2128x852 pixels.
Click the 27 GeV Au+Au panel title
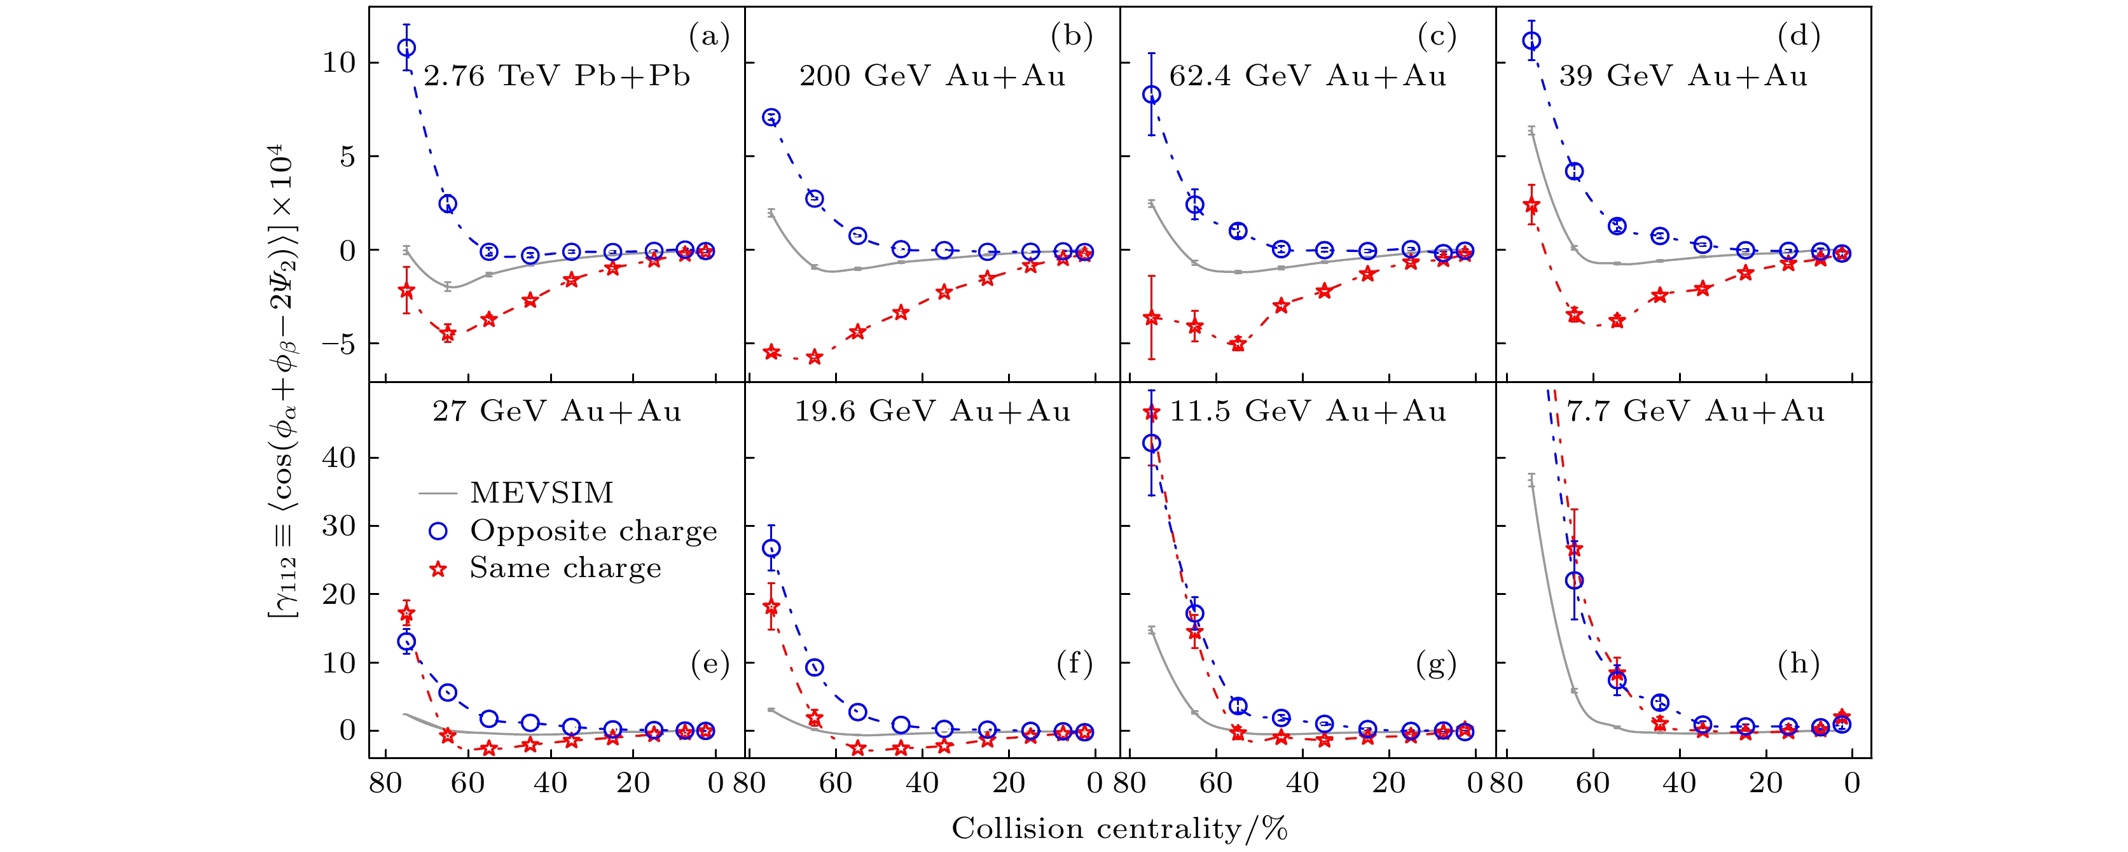click(x=556, y=412)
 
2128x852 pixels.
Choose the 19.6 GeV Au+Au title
click(x=932, y=412)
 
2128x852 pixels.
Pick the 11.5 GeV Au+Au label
click(x=1308, y=412)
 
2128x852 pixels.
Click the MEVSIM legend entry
click(x=541, y=493)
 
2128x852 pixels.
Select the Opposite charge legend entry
click(x=593, y=531)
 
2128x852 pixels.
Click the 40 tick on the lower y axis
click(x=339, y=458)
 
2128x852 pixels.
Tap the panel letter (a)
click(x=708, y=36)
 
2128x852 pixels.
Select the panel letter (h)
click(x=1799, y=664)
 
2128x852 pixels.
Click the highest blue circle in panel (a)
click(x=406, y=48)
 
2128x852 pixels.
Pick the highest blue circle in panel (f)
click(x=771, y=548)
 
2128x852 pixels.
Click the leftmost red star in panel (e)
click(x=406, y=613)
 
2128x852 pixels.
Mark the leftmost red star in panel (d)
click(x=1531, y=205)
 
